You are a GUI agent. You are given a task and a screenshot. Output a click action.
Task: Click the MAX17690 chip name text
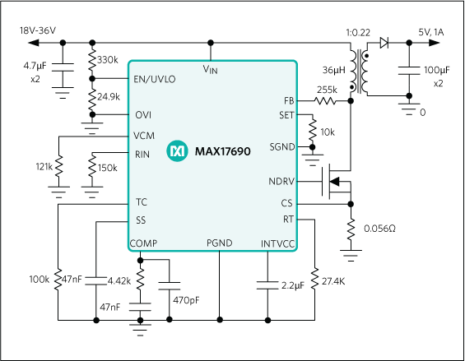[x=223, y=151]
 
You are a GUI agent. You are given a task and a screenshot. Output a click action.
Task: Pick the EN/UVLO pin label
[x=154, y=79]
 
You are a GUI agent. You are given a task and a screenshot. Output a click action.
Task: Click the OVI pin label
[x=142, y=115]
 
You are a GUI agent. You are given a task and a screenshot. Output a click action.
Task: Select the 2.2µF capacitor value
[x=292, y=285]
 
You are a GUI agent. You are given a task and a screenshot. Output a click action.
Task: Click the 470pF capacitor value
[x=186, y=300]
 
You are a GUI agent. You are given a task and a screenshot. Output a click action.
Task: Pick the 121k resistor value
[x=44, y=167]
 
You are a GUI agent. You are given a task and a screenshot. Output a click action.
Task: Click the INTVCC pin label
[x=277, y=243]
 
